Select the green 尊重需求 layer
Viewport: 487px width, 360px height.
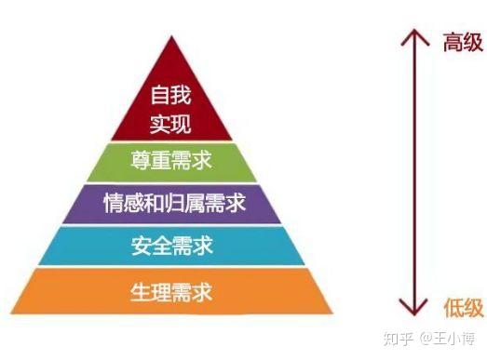(x=171, y=162)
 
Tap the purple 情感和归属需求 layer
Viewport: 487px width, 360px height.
(x=171, y=203)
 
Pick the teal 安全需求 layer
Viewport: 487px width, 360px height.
(x=171, y=246)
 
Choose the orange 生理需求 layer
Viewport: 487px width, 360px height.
(x=171, y=292)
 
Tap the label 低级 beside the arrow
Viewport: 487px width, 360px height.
(x=459, y=308)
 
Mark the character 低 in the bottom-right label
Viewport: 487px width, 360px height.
(x=448, y=308)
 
